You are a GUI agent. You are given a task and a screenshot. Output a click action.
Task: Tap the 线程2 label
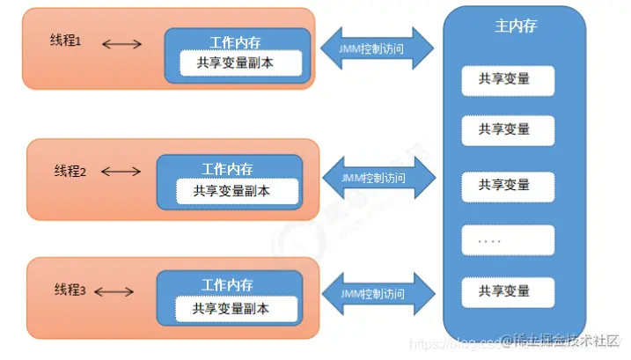tap(70, 171)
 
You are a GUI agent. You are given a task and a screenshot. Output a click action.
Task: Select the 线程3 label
tap(70, 290)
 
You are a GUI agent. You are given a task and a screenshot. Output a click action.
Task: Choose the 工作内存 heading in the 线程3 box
tap(227, 285)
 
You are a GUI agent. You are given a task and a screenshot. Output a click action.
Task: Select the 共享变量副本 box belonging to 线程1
tap(240, 63)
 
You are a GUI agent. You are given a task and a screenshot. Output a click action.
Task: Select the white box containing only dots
tap(509, 239)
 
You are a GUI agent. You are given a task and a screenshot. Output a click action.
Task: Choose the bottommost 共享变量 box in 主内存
tap(509, 290)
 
